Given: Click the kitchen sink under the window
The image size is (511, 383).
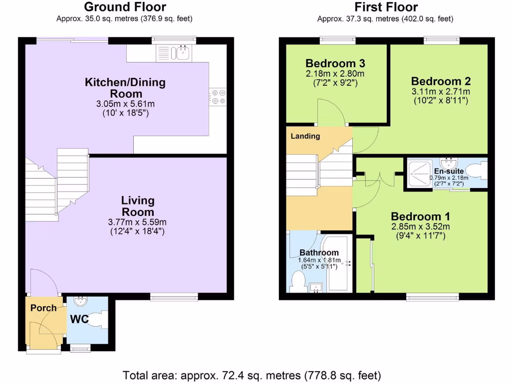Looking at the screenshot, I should click(x=183, y=51).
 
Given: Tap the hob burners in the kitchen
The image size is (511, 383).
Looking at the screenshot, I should click(x=218, y=96).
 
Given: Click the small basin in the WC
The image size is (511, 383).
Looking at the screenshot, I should click(x=80, y=302).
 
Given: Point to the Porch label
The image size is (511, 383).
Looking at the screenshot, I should click(x=43, y=308).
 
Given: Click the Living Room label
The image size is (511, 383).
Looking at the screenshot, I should click(x=138, y=205).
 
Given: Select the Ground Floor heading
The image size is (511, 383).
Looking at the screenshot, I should click(x=125, y=7).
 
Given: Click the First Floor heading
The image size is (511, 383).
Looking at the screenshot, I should click(x=386, y=7).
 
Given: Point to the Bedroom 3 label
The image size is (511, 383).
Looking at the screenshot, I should click(x=335, y=63).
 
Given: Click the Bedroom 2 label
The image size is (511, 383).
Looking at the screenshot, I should click(x=441, y=81).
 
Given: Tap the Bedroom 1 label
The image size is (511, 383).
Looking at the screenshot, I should click(x=420, y=216).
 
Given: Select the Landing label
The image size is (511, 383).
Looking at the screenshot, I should click(x=305, y=136).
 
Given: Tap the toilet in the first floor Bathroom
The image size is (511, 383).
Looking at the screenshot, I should click(x=298, y=282).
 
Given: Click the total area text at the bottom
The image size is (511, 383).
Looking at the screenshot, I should click(x=252, y=374).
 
